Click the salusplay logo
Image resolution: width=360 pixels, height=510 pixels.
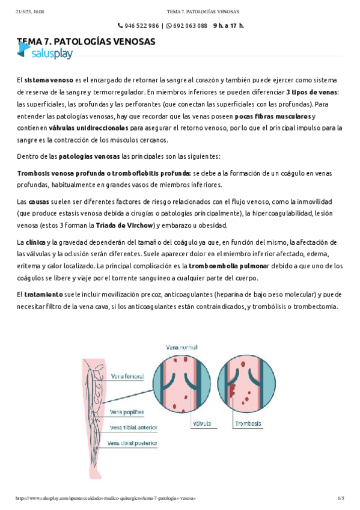(45, 54)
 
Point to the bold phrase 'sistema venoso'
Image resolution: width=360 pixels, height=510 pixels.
(49, 80)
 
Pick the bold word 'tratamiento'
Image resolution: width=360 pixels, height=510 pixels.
(43, 295)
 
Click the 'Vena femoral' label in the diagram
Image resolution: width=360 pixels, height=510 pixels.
(127, 377)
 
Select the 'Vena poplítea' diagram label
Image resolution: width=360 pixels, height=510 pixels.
(127, 412)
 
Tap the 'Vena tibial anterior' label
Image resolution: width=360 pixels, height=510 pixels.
(133, 428)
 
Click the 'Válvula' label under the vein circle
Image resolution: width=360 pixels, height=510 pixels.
(202, 423)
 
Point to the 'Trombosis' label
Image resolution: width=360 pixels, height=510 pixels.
(248, 423)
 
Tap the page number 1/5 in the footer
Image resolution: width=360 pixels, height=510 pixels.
(341, 499)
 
